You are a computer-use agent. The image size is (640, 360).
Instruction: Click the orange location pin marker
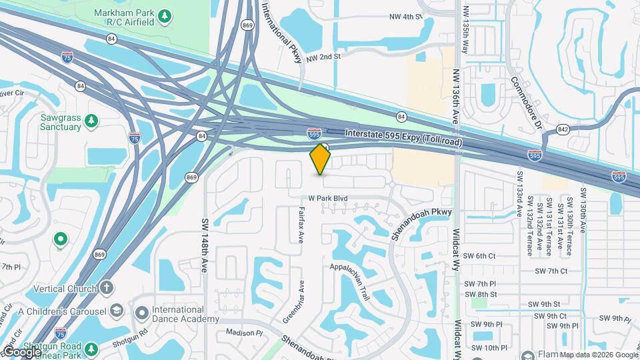(321, 159)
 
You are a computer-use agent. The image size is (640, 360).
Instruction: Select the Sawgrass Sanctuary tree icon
(91, 121)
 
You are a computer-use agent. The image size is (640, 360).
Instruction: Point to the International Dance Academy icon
(141, 313)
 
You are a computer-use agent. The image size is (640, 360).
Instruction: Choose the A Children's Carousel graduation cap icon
(116, 311)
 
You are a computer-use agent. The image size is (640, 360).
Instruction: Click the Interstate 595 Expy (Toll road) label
(403, 138)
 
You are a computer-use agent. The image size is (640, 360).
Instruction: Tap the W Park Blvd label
(328, 199)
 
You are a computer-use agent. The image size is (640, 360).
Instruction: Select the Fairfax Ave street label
(301, 227)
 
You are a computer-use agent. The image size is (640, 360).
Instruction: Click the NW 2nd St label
(323, 57)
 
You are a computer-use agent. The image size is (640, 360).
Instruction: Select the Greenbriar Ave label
(293, 301)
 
